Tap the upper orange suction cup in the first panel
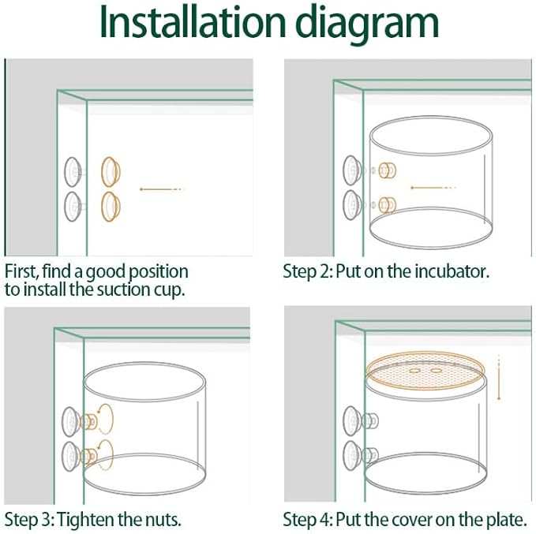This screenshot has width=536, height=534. (x=111, y=172)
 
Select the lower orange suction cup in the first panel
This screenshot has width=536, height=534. (x=111, y=207)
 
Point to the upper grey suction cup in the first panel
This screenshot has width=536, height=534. (x=73, y=172)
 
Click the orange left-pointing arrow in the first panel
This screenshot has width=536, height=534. (x=162, y=189)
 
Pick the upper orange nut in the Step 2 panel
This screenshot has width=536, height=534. (x=388, y=170)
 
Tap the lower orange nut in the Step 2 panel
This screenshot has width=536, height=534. (x=388, y=205)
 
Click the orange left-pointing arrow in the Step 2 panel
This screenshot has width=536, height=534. (x=433, y=188)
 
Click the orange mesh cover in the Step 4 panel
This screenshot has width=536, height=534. (x=425, y=371)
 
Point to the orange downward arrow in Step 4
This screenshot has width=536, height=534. (x=499, y=377)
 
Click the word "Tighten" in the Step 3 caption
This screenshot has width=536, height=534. (x=86, y=520)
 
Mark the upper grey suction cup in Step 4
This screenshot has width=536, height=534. (x=352, y=421)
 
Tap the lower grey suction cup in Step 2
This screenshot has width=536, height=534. (x=352, y=205)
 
